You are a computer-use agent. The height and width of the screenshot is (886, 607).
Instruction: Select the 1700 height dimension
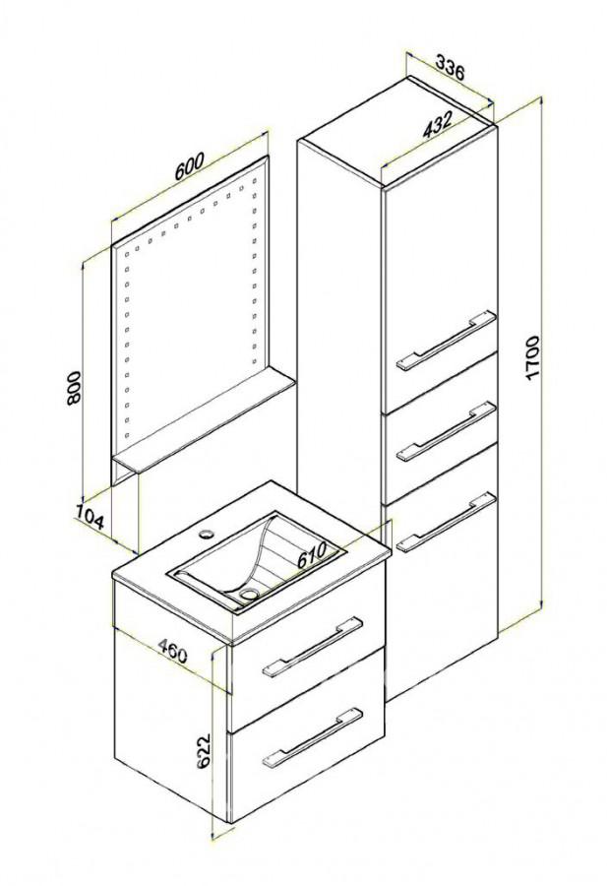533,357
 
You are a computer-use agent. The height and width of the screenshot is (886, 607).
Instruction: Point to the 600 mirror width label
188,166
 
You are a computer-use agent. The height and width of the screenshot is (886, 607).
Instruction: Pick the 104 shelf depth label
90,515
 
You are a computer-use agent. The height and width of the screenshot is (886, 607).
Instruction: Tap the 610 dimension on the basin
312,556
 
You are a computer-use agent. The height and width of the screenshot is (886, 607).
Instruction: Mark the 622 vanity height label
204,751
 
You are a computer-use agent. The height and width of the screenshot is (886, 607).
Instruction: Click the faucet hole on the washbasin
208,533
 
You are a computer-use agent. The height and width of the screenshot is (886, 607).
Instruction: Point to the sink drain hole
247,593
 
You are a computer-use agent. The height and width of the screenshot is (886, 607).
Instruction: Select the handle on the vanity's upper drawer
312,645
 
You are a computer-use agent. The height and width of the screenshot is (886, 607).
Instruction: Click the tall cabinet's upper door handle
446,341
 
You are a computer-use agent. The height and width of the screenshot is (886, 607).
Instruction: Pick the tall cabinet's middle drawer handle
446,432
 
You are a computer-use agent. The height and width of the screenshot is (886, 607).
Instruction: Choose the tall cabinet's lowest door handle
446,524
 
